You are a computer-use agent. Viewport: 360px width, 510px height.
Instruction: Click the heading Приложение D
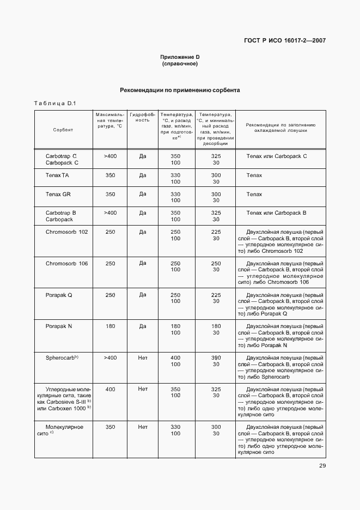click(180, 57)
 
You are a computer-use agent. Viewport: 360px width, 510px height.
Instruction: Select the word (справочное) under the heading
click(180, 64)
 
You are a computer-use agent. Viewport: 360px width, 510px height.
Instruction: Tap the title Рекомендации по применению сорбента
click(180, 90)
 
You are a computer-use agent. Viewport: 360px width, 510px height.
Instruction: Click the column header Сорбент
click(63, 130)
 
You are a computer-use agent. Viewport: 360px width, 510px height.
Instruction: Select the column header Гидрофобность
click(143, 117)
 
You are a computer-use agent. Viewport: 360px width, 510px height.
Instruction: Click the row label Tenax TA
click(57, 175)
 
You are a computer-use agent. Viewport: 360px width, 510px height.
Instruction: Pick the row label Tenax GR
click(58, 194)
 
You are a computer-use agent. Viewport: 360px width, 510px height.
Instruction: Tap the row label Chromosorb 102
click(66, 232)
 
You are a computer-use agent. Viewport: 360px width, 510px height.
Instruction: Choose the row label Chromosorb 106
click(66, 263)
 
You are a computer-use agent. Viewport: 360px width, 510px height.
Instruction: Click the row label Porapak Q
click(59, 295)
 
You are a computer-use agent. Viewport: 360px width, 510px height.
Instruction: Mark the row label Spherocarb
click(62, 357)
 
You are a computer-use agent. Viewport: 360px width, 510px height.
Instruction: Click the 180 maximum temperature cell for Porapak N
click(110, 326)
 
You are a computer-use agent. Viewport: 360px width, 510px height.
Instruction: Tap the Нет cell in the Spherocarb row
click(143, 357)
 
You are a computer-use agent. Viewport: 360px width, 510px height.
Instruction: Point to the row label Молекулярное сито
click(64, 430)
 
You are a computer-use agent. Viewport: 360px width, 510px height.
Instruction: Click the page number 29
click(322, 465)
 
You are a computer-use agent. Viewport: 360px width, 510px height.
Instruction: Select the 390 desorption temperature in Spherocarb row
click(216, 357)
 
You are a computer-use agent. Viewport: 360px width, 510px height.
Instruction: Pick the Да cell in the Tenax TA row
click(143, 175)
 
